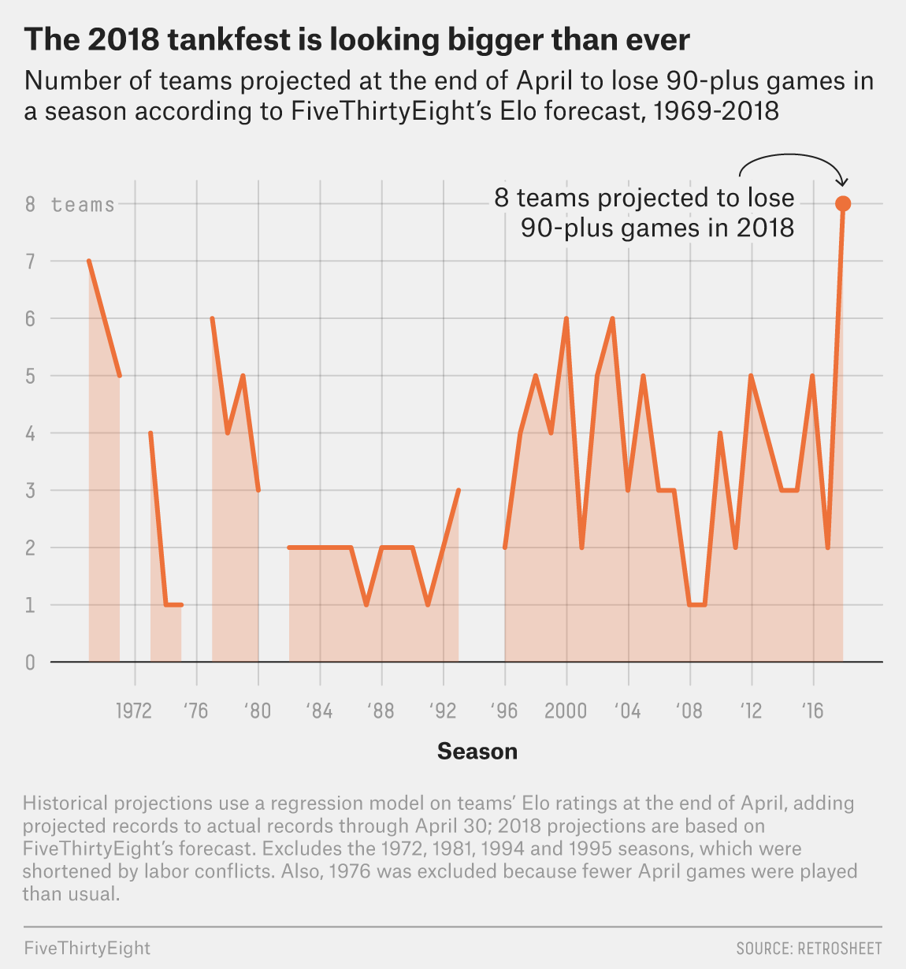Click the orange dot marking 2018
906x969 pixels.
coord(843,204)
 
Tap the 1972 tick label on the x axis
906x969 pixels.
coord(134,711)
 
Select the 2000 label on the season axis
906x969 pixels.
coord(566,711)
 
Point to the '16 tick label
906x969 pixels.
coord(812,711)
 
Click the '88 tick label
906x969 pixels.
coord(381,711)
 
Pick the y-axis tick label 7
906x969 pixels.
coord(31,262)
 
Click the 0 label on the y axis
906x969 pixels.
coord(31,663)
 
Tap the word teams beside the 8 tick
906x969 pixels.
coord(83,205)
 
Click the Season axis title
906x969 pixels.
coord(477,752)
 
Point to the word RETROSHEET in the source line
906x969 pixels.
coord(840,948)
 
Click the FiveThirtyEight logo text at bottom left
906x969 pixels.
coord(87,948)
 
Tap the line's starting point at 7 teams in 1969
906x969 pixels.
coord(89,261)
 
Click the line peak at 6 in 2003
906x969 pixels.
coord(612,318)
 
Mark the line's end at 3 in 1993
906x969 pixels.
coord(459,490)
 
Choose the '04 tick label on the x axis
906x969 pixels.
coord(628,711)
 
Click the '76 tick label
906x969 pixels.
coord(195,711)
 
